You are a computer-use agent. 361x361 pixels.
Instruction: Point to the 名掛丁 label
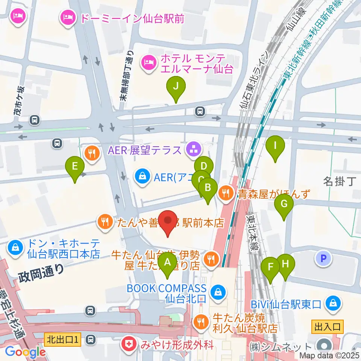pyautogui.click(x=339, y=182)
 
